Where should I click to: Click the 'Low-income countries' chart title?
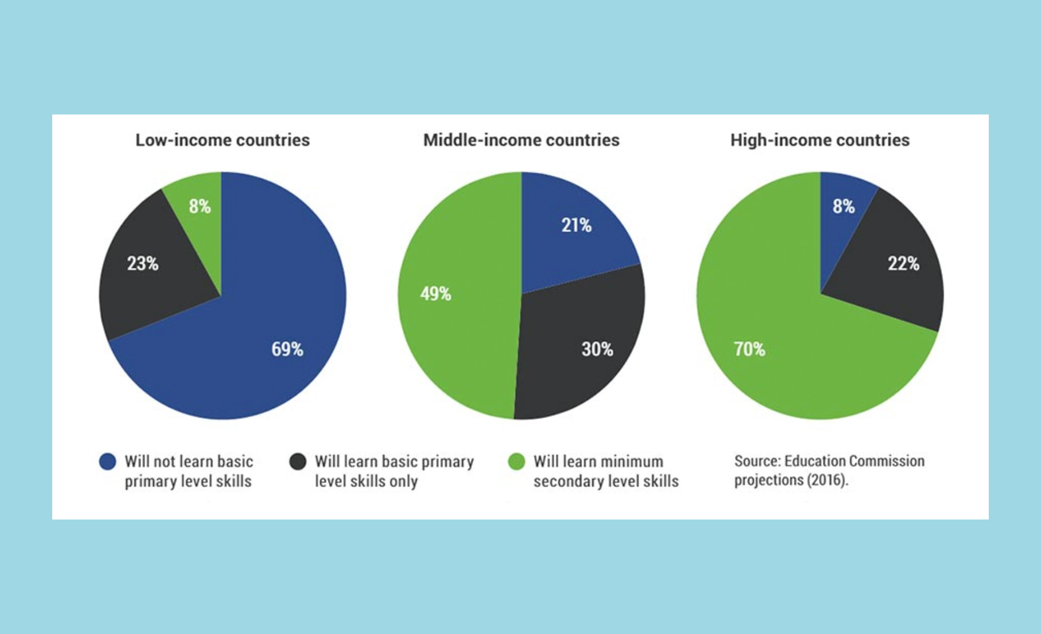(222, 140)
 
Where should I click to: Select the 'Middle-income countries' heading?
(521, 140)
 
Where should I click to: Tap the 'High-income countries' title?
(820, 140)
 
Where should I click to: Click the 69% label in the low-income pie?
(287, 349)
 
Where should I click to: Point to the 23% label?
(143, 264)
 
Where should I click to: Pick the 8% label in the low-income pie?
(200, 206)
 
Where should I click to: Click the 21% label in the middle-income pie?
(576, 225)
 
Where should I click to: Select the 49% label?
(436, 294)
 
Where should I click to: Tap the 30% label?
(597, 349)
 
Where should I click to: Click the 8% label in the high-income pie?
(843, 206)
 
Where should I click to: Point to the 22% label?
(903, 264)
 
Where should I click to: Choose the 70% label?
(749, 349)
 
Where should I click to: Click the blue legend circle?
(107, 461)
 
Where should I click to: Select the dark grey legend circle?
(298, 461)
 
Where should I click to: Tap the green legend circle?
(516, 461)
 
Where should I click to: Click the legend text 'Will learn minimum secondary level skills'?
(605, 471)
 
